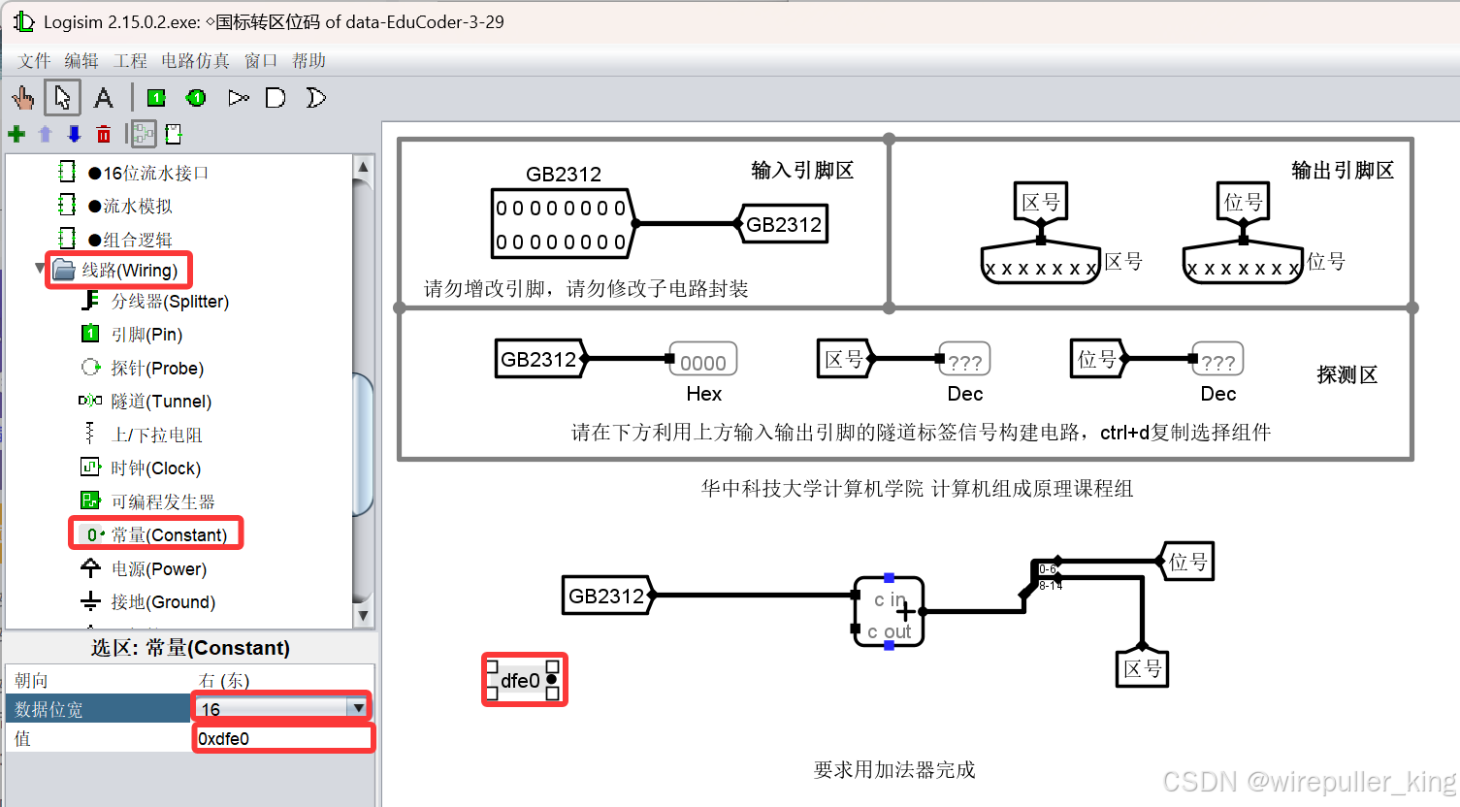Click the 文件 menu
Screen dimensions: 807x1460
34,61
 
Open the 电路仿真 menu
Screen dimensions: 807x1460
195,61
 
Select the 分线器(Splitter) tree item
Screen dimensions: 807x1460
169,302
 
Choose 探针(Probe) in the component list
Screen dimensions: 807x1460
156,369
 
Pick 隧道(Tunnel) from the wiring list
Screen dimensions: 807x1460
160,402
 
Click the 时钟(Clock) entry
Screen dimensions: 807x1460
155,468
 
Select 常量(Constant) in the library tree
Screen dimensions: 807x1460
168,534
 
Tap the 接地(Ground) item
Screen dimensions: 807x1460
162,602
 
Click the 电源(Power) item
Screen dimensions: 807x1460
158,569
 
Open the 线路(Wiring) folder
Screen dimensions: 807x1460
128,270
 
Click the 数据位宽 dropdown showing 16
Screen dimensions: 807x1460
281,708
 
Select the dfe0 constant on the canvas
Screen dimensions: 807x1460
523,680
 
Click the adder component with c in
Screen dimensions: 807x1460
889,611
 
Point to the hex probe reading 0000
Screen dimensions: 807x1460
702,362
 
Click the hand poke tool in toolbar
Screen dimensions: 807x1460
23,98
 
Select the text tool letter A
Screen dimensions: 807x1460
103,98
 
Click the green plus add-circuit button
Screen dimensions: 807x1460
16,134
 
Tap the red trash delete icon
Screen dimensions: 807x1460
104,134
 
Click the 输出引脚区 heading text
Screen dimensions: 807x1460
1342,171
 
